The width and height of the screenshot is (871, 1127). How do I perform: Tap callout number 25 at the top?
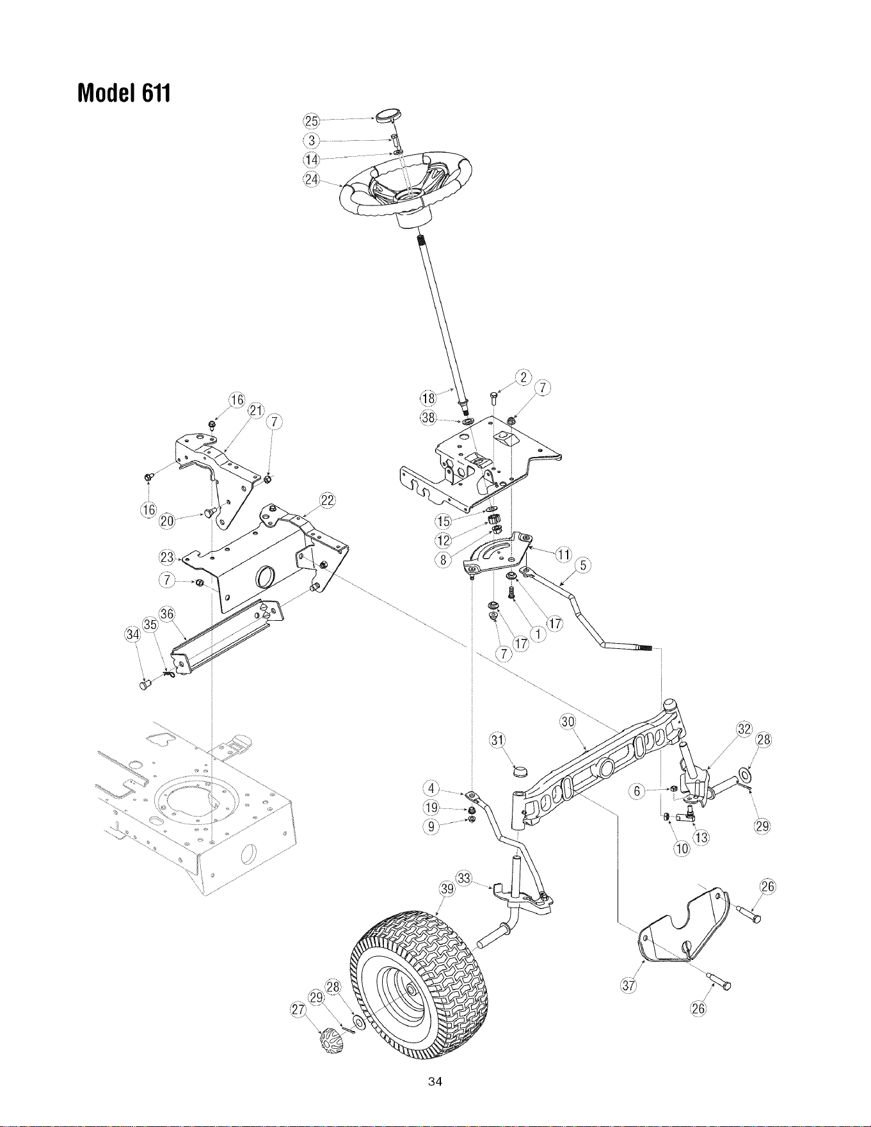coord(310,122)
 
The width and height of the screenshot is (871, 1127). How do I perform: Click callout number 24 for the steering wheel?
coord(310,179)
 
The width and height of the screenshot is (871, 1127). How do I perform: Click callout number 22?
coord(327,500)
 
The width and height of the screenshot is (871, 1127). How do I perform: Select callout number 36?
coord(167,613)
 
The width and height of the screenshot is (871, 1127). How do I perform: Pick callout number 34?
coord(132,634)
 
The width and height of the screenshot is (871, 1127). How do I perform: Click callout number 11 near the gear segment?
coord(563,554)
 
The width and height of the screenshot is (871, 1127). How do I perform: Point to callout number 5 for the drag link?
coord(582,565)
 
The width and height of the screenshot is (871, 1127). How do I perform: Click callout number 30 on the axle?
coord(568,722)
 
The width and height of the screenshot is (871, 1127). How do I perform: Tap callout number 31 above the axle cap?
coord(497,740)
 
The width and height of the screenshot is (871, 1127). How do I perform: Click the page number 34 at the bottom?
coord(435,1082)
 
